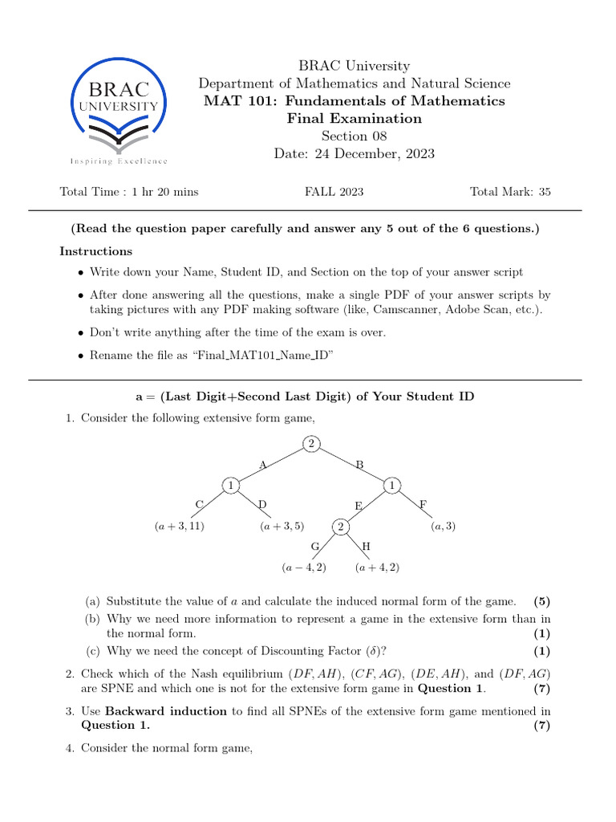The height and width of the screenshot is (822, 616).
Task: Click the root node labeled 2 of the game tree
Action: point(311,444)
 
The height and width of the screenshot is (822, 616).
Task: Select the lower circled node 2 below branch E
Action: point(340,527)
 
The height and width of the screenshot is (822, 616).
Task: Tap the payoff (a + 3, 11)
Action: point(180,527)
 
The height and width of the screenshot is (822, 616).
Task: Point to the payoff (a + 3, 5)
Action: point(282,527)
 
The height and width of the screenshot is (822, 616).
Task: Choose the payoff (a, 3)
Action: point(444,527)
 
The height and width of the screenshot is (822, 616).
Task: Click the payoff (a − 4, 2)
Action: point(304,568)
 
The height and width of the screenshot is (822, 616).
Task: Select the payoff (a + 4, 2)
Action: point(377,568)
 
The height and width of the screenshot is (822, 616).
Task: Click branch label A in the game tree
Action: point(262,465)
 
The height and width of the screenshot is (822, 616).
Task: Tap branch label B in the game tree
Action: point(360,465)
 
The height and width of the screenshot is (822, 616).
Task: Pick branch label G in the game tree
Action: point(315,547)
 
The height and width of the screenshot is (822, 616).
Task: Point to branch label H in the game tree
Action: point(367,547)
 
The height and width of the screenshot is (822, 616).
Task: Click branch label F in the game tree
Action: point(423,505)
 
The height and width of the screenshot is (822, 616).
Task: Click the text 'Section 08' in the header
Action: point(354,136)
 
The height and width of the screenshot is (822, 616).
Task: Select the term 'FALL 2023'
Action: point(334,192)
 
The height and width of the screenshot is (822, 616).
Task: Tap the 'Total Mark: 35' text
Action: point(510,192)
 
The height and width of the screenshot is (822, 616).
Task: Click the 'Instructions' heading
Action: point(95,251)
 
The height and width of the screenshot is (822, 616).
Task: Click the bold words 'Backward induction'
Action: point(167,711)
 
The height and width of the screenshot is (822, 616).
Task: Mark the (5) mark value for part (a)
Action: point(542,601)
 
